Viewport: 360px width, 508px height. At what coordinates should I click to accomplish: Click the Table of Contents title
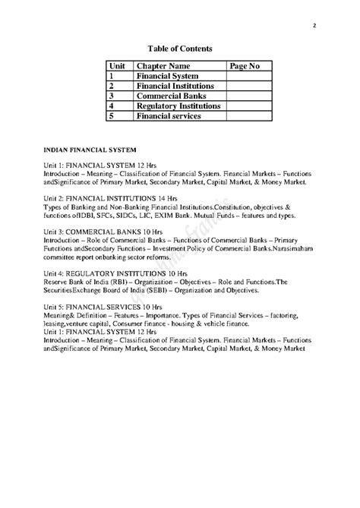179,49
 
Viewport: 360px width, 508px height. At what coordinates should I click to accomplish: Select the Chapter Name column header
163,67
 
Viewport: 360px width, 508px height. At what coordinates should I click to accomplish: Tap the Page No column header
244,67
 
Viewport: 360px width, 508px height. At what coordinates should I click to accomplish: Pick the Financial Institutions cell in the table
175,87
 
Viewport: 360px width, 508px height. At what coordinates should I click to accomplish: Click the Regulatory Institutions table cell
178,106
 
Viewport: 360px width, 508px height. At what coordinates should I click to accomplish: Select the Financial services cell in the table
168,116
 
